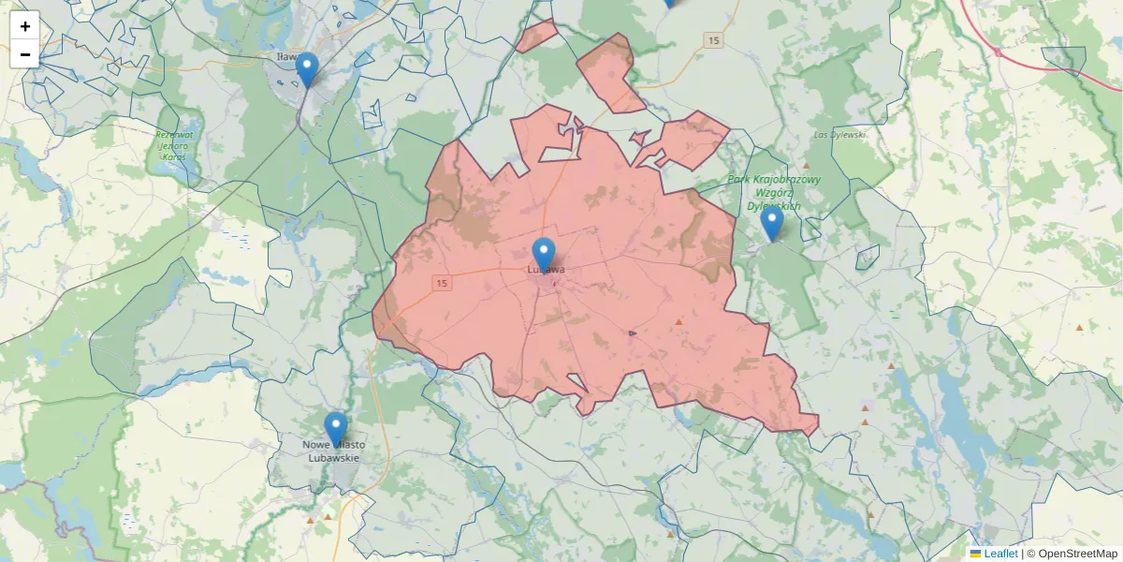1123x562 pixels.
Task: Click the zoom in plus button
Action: click(x=25, y=26)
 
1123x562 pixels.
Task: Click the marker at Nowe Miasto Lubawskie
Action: click(x=335, y=429)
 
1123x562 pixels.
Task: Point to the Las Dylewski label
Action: click(x=839, y=135)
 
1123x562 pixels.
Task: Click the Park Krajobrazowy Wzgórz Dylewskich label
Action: click(x=774, y=192)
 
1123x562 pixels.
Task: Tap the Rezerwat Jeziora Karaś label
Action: click(x=173, y=145)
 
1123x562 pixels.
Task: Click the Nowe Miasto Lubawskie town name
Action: click(x=334, y=451)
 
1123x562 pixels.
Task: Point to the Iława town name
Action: click(x=284, y=57)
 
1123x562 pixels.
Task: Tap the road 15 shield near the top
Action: click(x=714, y=40)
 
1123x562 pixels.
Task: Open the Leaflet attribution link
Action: click(x=999, y=554)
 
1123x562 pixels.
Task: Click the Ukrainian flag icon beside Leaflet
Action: click(x=975, y=554)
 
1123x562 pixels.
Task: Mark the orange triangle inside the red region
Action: click(x=678, y=322)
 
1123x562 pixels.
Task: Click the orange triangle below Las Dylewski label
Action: click(x=806, y=165)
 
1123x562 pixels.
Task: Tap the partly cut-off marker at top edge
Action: click(x=668, y=3)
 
